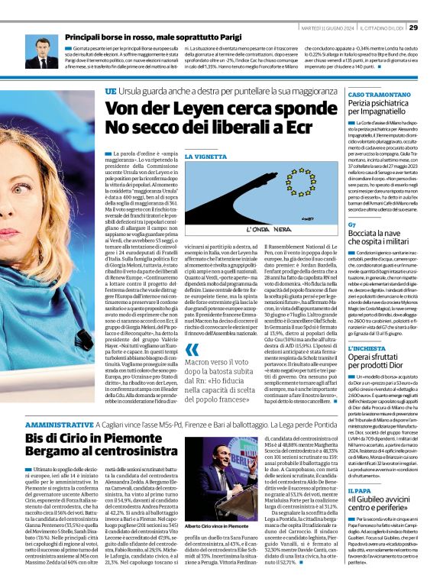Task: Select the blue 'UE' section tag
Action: point(111,91)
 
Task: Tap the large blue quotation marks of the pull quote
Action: point(191,351)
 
